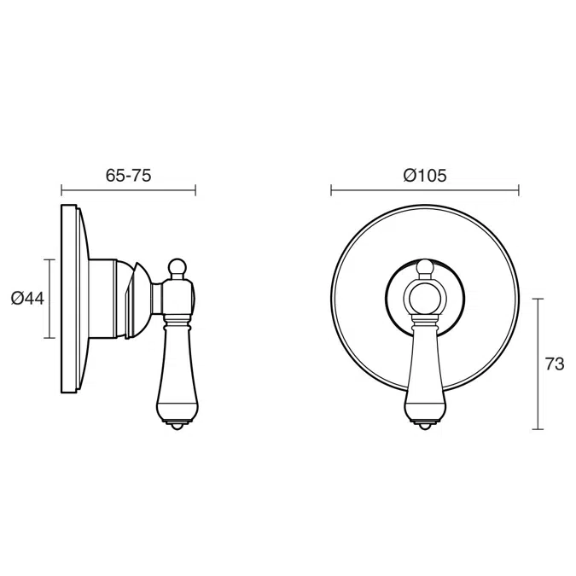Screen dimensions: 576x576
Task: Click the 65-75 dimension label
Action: (128, 176)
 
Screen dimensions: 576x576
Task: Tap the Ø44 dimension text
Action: (27, 299)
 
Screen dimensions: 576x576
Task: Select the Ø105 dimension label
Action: (425, 176)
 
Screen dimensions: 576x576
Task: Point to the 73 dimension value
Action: (555, 364)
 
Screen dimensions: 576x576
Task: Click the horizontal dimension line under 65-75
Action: (128, 190)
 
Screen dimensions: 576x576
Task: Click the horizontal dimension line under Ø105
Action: (425, 190)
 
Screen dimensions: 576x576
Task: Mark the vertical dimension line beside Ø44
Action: (49, 299)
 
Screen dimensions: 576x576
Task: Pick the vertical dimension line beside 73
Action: (538, 364)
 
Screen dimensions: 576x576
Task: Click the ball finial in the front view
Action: (425, 267)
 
